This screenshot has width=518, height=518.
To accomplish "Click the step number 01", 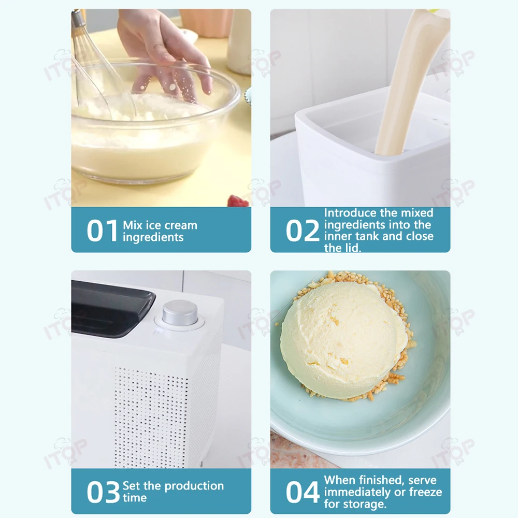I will click(x=103, y=231).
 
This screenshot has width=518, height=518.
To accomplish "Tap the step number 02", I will click(x=303, y=231).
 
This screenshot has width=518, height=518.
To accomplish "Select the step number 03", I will click(x=103, y=492).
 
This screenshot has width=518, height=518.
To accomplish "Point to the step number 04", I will click(x=303, y=492).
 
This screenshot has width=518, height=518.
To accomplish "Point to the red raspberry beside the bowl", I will click(x=237, y=200).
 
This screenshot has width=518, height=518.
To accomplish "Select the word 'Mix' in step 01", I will click(x=133, y=225).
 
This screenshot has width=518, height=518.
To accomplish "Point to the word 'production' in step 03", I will click(x=191, y=486).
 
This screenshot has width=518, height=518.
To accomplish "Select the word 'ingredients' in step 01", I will click(x=153, y=237).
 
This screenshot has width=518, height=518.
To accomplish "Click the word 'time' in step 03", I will click(x=135, y=498).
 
